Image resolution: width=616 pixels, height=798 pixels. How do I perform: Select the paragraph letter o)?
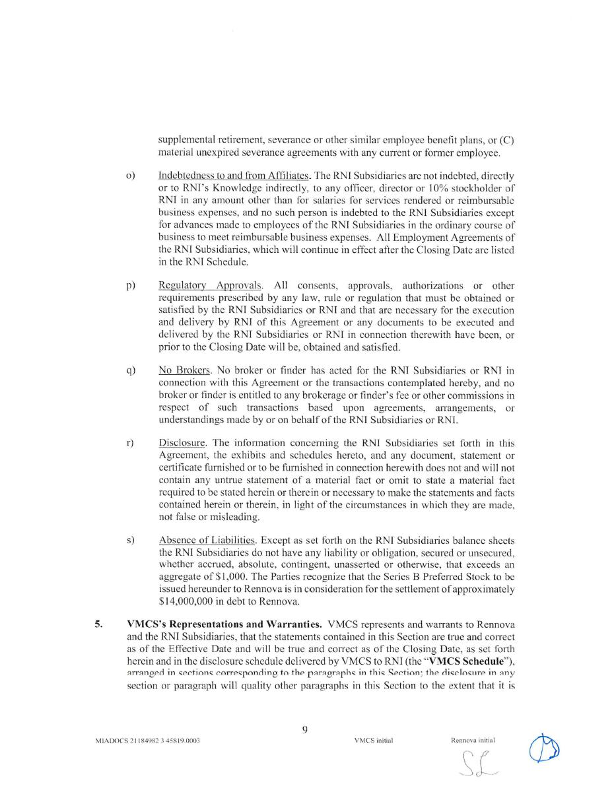click(x=130, y=176)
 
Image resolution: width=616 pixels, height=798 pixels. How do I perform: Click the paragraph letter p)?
click(x=130, y=285)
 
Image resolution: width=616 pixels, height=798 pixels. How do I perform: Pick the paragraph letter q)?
click(x=130, y=370)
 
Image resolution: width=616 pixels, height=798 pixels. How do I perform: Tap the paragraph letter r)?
click(x=129, y=443)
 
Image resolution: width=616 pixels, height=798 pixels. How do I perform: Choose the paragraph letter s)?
click(x=129, y=541)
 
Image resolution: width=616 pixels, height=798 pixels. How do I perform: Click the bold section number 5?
click(x=98, y=624)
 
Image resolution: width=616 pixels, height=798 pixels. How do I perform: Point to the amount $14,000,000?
click(x=188, y=601)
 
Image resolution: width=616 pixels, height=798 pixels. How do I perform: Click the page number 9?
click(x=304, y=729)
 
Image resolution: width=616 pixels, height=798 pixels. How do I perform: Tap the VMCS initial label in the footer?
click(x=373, y=741)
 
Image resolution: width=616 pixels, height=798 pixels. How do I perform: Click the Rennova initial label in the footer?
click(x=473, y=741)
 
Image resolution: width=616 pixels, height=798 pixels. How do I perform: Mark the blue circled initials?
click(x=545, y=749)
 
